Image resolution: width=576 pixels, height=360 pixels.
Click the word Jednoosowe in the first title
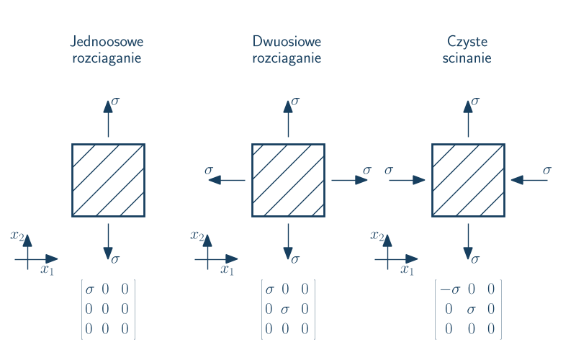pyautogui.click(x=107, y=42)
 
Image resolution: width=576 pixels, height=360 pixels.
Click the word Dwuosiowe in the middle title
pyautogui.click(x=287, y=42)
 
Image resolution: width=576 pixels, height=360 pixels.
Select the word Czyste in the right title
pyautogui.click(x=467, y=42)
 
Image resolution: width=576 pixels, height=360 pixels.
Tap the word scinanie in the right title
pyautogui.click(x=467, y=58)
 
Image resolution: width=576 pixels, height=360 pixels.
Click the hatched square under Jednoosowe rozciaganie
pyautogui.click(x=108, y=180)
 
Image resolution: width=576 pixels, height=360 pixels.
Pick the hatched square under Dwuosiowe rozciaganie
pyautogui.click(x=288, y=180)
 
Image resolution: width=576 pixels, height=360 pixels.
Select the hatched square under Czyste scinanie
pyautogui.click(x=468, y=180)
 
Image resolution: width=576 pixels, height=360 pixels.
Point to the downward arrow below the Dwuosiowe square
pyautogui.click(x=288, y=242)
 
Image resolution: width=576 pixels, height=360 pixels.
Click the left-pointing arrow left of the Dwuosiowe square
pyautogui.click(x=226, y=180)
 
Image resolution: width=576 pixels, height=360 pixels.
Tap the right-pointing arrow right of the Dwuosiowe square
pyautogui.click(x=350, y=180)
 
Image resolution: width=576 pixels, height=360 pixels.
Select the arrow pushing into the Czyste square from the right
pyautogui.click(x=529, y=180)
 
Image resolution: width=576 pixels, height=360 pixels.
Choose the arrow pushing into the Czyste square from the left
pyautogui.click(x=408, y=180)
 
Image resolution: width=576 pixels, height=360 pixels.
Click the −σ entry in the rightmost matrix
pyautogui.click(x=450, y=290)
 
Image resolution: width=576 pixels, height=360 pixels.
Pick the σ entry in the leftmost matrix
pyautogui.click(x=89, y=290)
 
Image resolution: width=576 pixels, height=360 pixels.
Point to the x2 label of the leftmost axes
pyautogui.click(x=18, y=235)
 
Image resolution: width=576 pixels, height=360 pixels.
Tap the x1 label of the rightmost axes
pyautogui.click(x=408, y=270)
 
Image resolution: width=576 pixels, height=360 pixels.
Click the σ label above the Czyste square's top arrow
pyautogui.click(x=475, y=101)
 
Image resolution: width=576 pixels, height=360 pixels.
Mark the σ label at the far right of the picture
pyautogui.click(x=547, y=170)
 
